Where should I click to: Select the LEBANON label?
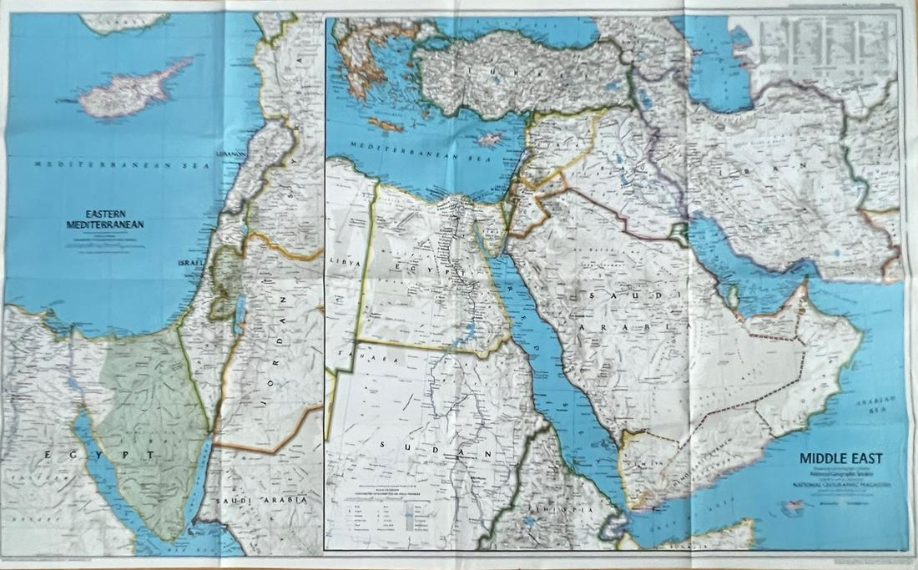pyautogui.click(x=230, y=154)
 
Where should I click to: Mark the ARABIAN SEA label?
pyautogui.click(x=890, y=404)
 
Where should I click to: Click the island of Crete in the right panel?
pyautogui.click(x=387, y=124)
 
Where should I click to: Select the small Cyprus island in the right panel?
pyautogui.click(x=490, y=139)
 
